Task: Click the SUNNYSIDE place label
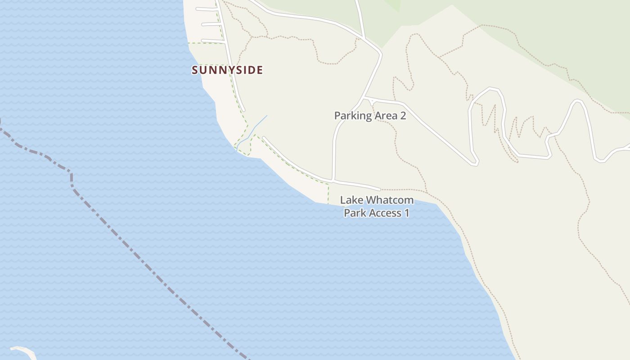(x=227, y=70)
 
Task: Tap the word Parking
(x=353, y=116)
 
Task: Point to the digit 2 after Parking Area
(x=403, y=116)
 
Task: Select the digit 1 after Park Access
(x=406, y=212)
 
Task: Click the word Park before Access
(x=354, y=212)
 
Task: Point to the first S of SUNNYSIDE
(x=195, y=70)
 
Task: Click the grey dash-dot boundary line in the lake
(x=135, y=252)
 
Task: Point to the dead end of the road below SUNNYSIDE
(x=243, y=110)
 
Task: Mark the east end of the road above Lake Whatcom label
(x=380, y=189)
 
